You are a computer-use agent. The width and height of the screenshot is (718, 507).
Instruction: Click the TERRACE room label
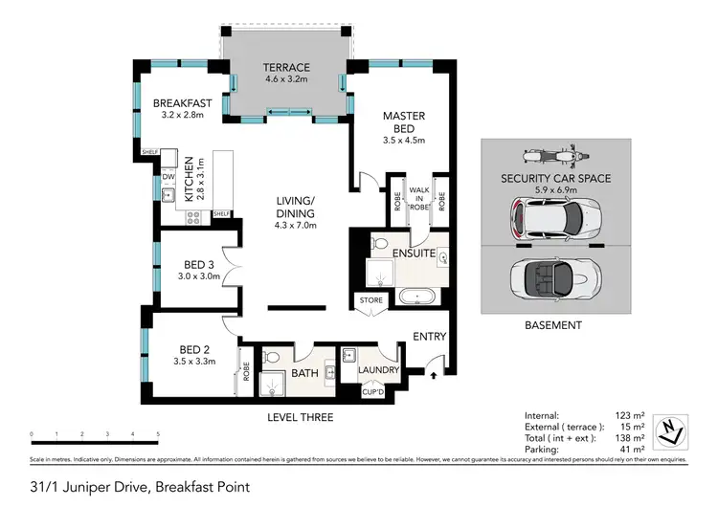[x=287, y=68]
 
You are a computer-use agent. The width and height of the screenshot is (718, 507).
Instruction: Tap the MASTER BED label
[x=403, y=117]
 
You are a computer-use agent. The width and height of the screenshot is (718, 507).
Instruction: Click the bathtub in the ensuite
[x=417, y=296]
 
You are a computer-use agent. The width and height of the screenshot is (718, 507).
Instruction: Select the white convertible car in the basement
[x=555, y=279]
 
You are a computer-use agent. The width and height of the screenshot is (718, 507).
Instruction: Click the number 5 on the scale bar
[x=157, y=433]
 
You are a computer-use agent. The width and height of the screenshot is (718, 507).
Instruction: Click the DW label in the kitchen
[x=167, y=177]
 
